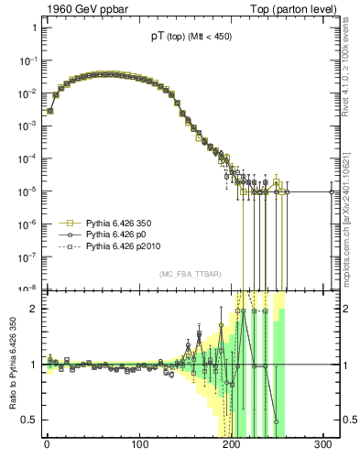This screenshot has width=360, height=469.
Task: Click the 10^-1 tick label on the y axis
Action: click(x=27, y=60)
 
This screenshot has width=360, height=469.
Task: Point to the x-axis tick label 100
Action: click(x=139, y=446)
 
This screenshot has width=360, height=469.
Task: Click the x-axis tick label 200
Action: click(x=232, y=446)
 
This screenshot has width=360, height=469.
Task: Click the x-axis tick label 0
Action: click(x=47, y=446)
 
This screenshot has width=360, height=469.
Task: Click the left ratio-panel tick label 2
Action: click(x=33, y=309)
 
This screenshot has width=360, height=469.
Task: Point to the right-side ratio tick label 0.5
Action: click(x=349, y=420)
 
